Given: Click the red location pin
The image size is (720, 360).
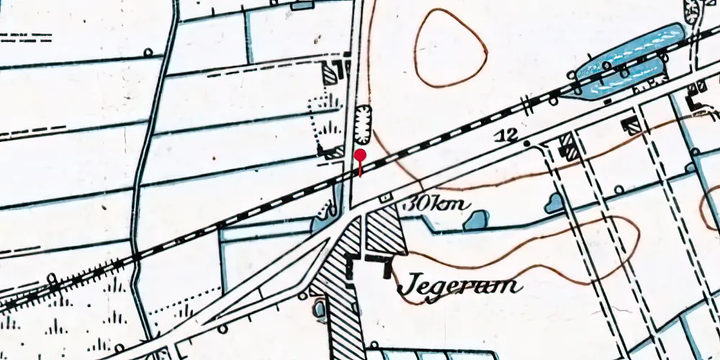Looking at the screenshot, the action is click(x=360, y=156).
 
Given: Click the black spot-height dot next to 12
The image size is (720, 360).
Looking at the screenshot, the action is click(x=526, y=144).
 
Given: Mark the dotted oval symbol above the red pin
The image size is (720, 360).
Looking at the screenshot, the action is click(x=361, y=122).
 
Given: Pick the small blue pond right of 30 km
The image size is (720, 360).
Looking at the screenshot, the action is click(x=476, y=220).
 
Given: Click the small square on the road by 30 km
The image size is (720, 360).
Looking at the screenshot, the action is click(x=387, y=197).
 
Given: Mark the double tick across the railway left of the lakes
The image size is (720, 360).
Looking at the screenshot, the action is click(x=529, y=104).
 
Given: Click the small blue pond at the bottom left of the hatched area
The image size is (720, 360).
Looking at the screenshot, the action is click(x=320, y=310).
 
